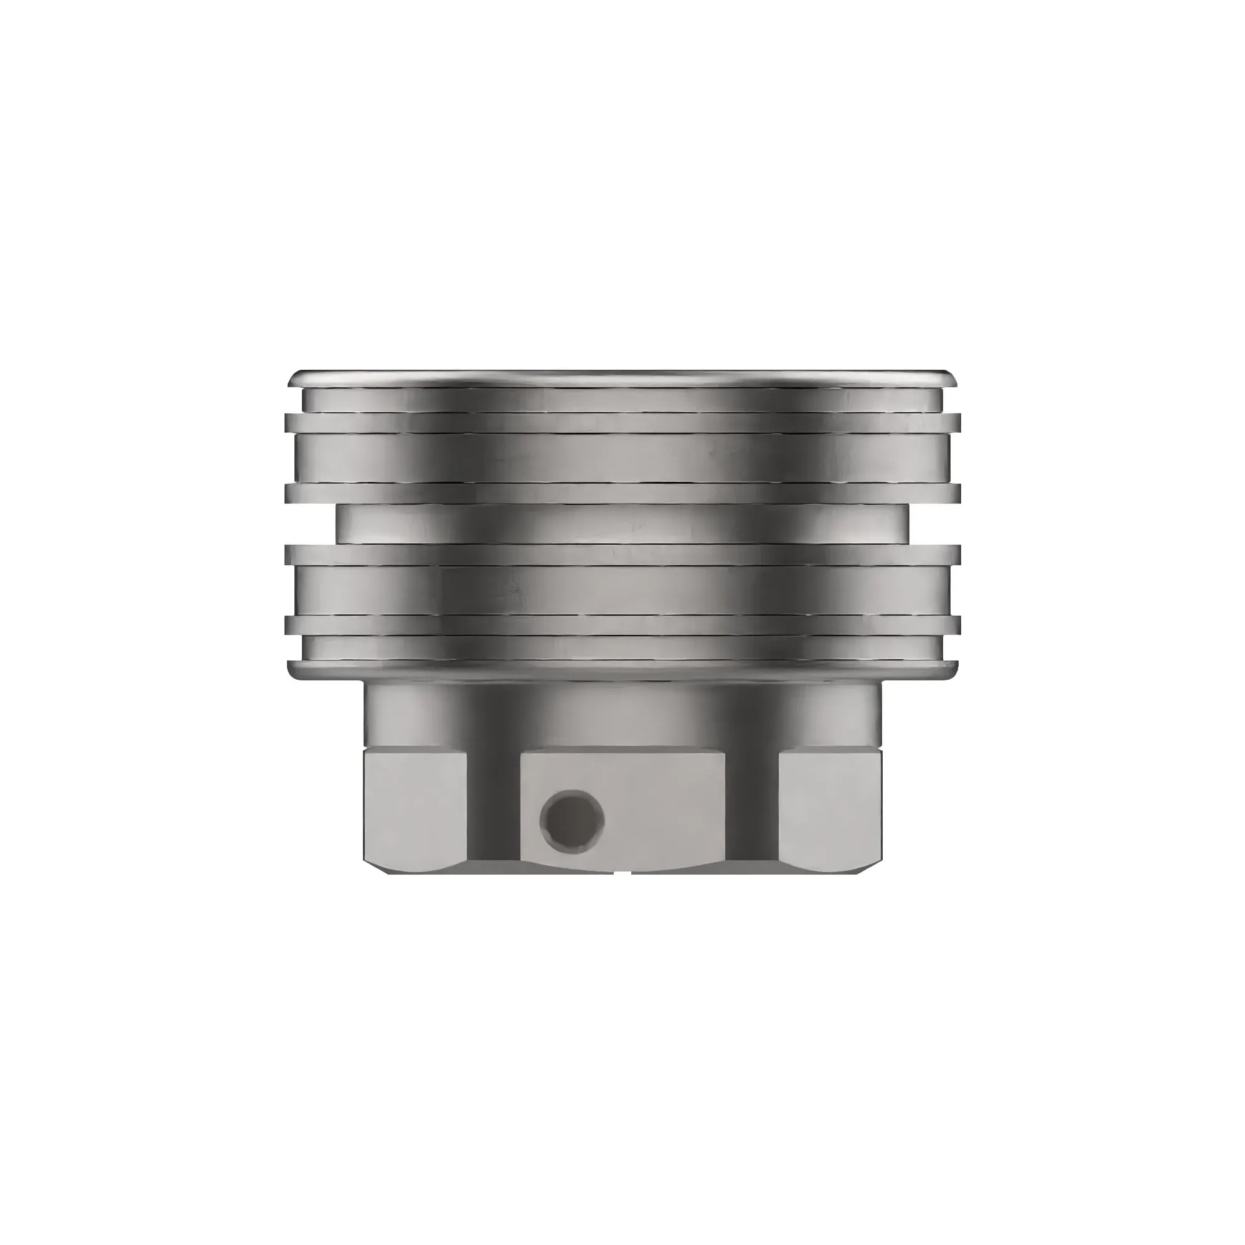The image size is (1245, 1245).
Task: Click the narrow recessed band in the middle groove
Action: click(x=622, y=523)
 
